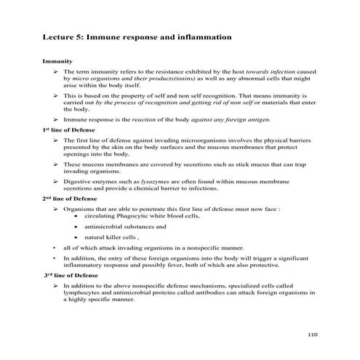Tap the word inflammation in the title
(202, 35)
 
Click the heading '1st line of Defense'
(69, 129)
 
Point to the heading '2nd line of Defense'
(71, 197)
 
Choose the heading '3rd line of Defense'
(71, 276)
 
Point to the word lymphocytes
(83, 294)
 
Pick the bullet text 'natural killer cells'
(110, 237)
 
